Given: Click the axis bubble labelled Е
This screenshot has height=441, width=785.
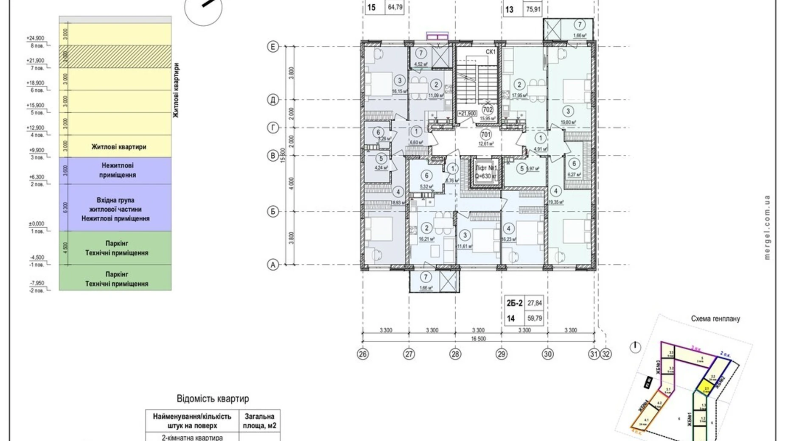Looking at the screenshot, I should (x=273, y=46).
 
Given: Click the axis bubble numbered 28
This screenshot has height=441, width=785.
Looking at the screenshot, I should (x=455, y=354).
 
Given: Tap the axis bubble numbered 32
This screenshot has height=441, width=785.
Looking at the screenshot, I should (x=606, y=354).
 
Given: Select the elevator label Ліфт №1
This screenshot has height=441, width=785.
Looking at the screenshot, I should (x=486, y=168).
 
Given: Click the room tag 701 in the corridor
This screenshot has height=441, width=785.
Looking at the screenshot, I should (x=485, y=135).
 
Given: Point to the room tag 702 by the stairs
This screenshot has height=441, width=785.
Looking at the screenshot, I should (x=488, y=110).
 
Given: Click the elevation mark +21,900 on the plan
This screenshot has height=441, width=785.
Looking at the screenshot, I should (x=467, y=114).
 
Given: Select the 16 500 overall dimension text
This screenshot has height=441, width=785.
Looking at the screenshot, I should (x=478, y=339).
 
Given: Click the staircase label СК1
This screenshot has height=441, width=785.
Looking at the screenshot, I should (x=491, y=52).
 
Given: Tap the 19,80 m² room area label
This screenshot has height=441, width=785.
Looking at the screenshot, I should (x=568, y=123).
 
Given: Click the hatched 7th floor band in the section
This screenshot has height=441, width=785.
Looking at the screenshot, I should (x=115, y=57).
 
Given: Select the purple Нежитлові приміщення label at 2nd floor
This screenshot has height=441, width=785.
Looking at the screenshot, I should (x=118, y=170).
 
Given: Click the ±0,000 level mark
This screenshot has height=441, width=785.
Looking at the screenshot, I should (x=36, y=223).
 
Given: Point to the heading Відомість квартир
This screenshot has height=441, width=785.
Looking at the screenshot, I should (x=213, y=399).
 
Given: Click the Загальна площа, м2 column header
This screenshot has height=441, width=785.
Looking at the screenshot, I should (x=259, y=421).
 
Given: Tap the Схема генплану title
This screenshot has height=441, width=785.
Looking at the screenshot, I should (x=715, y=318).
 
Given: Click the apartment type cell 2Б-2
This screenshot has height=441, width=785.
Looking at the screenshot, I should (x=514, y=303).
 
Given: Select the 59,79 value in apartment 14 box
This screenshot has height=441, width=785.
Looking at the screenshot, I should (x=534, y=318).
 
